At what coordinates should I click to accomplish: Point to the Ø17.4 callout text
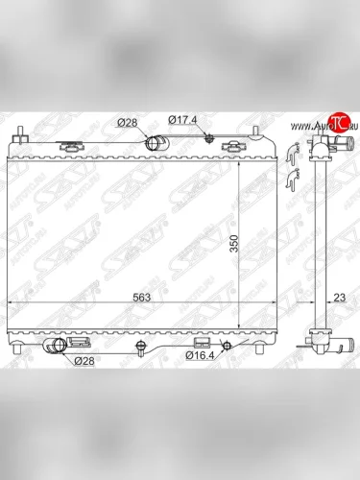pyautogui.click(x=183, y=120)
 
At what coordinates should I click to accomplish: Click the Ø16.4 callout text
pyautogui.click(x=200, y=356)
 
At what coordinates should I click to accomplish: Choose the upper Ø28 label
pyautogui.click(x=128, y=122)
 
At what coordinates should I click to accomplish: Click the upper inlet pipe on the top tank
pyautogui.click(x=156, y=144)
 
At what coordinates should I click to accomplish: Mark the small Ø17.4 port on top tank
pyautogui.click(x=207, y=138)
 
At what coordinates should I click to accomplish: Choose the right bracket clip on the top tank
pyautogui.click(x=232, y=146)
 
